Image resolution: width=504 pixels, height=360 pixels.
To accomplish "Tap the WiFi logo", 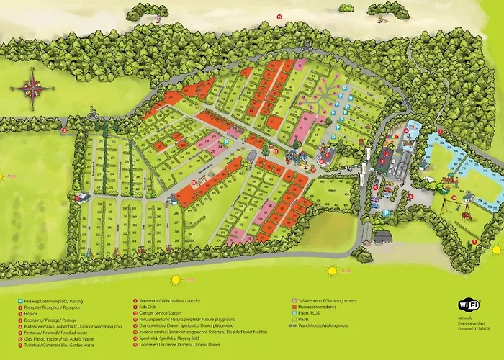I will (x=469, y=304).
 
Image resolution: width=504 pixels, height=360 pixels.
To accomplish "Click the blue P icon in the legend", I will (x=19, y=300).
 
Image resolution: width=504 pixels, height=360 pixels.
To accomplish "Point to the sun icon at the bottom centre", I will (x=332, y=271).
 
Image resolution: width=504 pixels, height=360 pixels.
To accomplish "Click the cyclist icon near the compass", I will (x=93, y=114).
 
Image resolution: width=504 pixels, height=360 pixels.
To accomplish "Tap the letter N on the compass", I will (x=33, y=72).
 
